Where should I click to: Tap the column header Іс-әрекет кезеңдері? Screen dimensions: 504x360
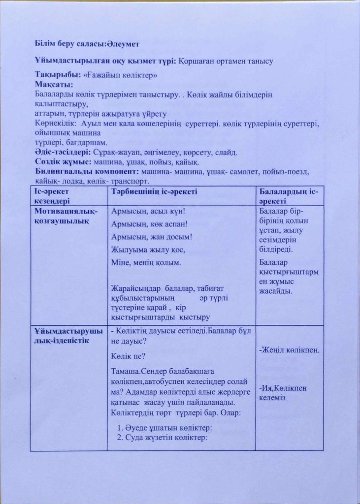55,196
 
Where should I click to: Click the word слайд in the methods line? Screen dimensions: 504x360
227,152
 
